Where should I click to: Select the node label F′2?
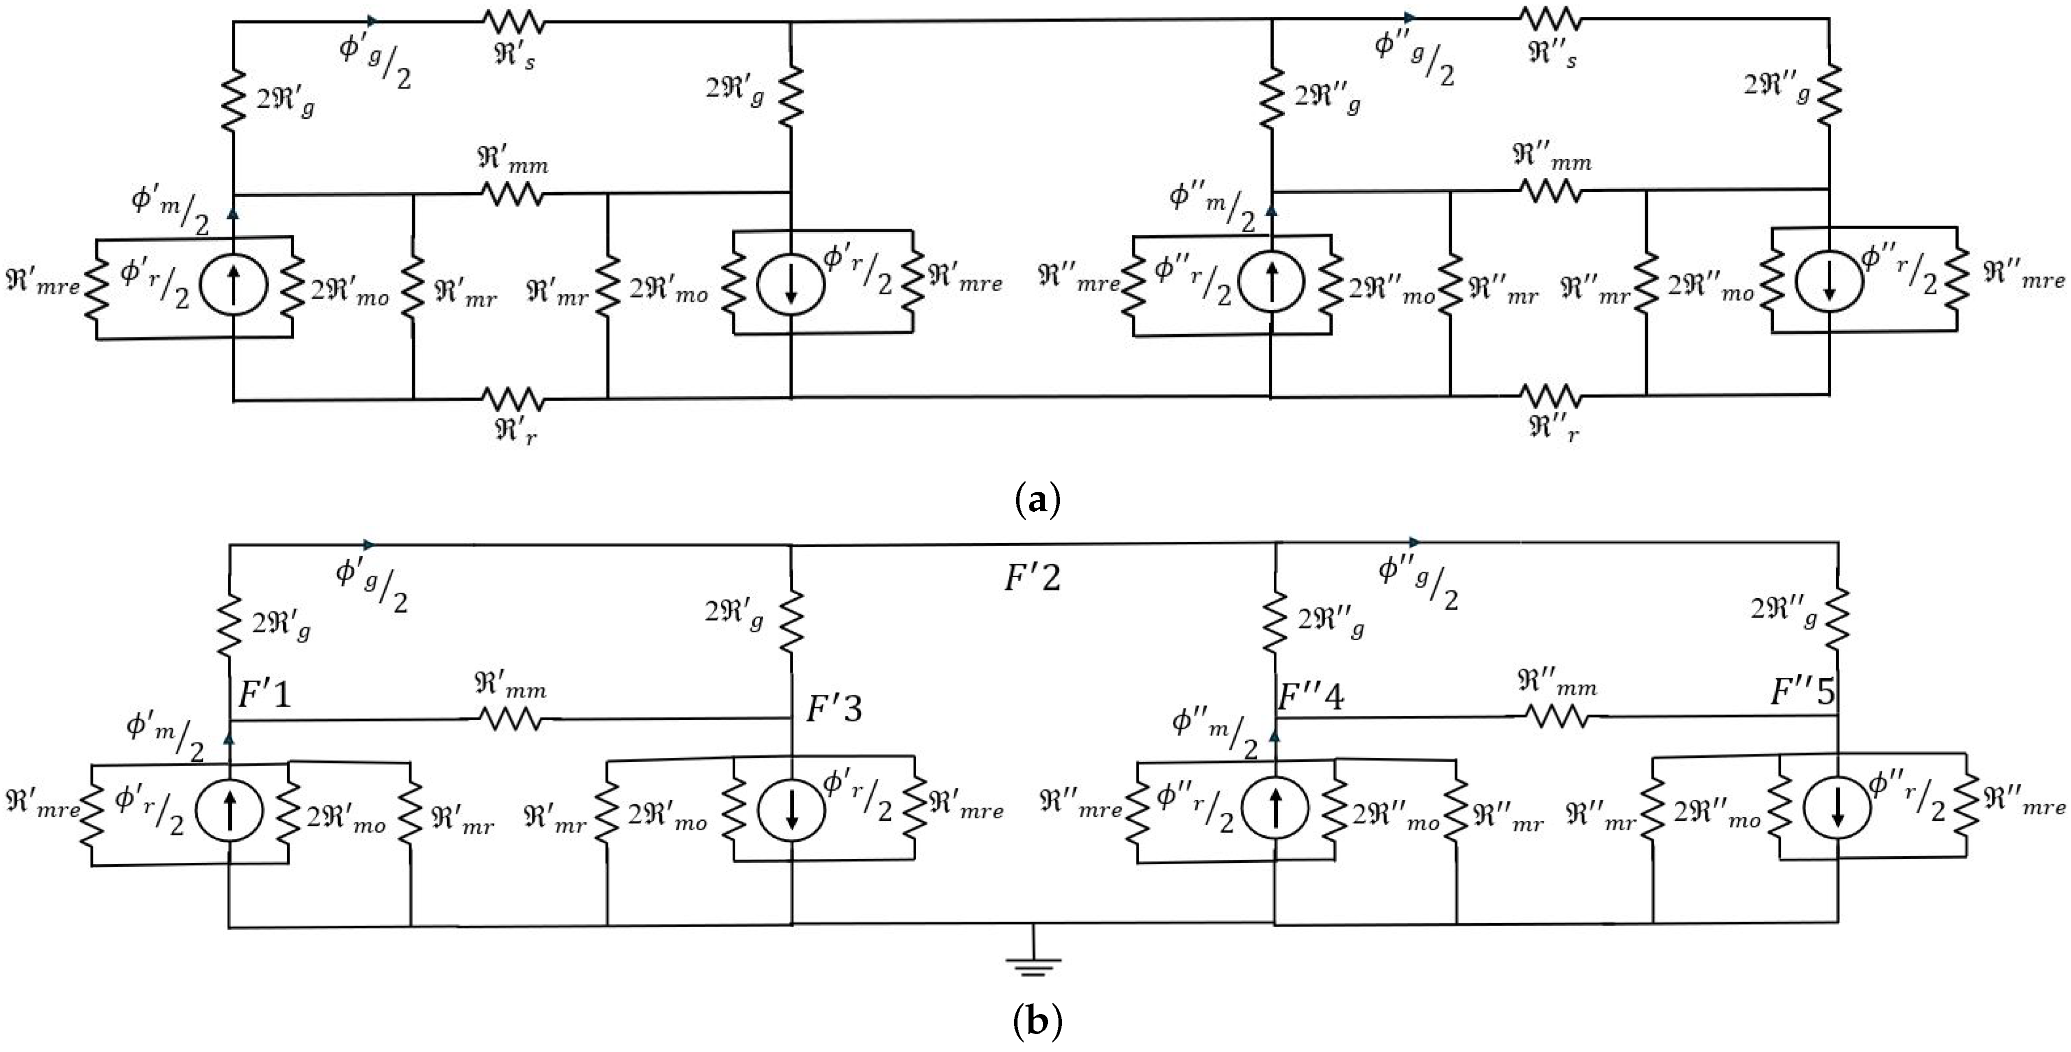pos(1033,578)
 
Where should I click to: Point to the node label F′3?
pos(834,709)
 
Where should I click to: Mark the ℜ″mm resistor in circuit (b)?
pos(1557,717)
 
